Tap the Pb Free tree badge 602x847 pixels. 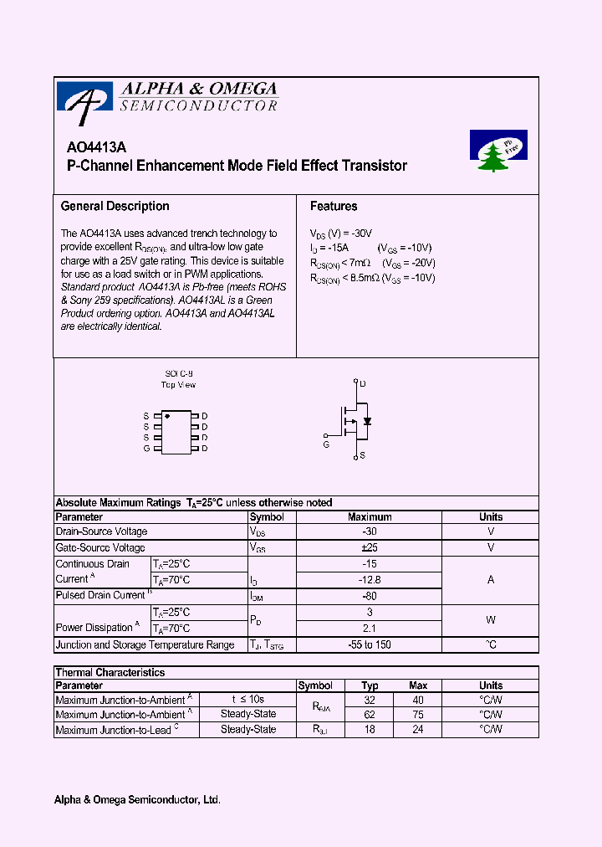(x=498, y=151)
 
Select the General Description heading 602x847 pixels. (x=115, y=206)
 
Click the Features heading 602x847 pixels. (x=334, y=206)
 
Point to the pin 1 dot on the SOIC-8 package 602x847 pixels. (x=167, y=416)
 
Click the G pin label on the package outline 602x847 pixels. (x=146, y=449)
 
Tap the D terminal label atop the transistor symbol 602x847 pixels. (x=363, y=384)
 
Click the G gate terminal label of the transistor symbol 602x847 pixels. (x=326, y=444)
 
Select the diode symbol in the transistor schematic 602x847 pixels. (x=367, y=420)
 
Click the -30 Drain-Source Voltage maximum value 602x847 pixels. (x=370, y=531)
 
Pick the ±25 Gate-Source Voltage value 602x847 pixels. (x=370, y=547)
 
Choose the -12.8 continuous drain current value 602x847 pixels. (x=370, y=579)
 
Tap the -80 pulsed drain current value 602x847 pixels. (x=370, y=596)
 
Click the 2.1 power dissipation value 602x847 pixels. (x=370, y=628)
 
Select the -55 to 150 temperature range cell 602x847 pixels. (x=370, y=644)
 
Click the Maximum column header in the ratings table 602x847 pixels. (x=370, y=517)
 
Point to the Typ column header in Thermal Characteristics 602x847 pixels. (x=370, y=685)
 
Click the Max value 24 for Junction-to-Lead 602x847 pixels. (x=418, y=730)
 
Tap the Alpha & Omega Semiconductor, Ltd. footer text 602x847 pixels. (x=137, y=800)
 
